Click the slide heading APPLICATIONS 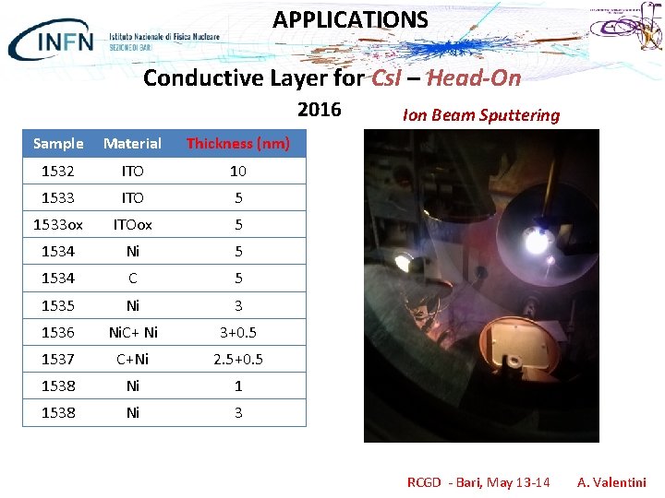[350, 19]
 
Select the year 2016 [319, 111]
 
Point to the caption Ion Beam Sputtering [481, 115]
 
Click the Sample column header [58, 143]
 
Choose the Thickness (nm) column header [238, 143]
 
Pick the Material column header [132, 143]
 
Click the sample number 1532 [58, 171]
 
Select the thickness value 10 [238, 171]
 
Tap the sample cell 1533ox [58, 224]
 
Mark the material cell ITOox [132, 224]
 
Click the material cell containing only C [132, 278]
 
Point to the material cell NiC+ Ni [132, 331]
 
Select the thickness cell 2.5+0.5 [238, 359]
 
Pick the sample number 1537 [58, 359]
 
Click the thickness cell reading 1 [238, 385]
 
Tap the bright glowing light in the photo [536, 243]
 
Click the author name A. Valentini [611, 482]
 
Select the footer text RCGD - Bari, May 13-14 [478, 482]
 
